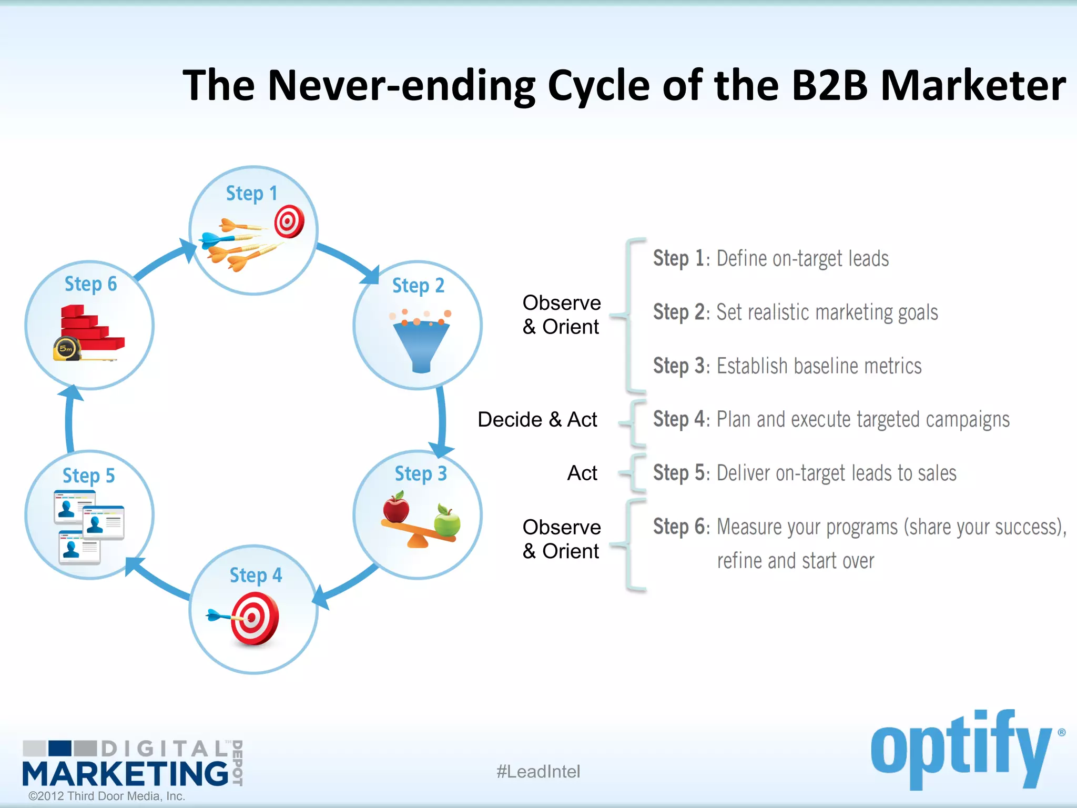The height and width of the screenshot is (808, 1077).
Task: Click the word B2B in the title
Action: coord(829,85)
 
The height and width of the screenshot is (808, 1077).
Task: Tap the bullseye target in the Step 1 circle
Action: coord(289,221)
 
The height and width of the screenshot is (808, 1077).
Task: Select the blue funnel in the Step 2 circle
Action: coord(421,345)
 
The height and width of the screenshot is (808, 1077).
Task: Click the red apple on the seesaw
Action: coord(396,508)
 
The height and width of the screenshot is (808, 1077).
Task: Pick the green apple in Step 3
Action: coord(447,521)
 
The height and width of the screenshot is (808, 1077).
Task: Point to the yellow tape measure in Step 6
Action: coord(67,349)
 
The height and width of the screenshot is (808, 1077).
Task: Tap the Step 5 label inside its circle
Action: coord(88,476)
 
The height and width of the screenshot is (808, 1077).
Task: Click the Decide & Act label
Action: coord(537,420)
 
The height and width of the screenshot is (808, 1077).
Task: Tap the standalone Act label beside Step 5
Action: coord(582,473)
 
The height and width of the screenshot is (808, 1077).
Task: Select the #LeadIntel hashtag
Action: coord(538,772)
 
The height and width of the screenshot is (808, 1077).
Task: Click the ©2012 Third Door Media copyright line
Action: coord(107,796)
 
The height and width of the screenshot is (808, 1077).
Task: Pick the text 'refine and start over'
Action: coord(795,561)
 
